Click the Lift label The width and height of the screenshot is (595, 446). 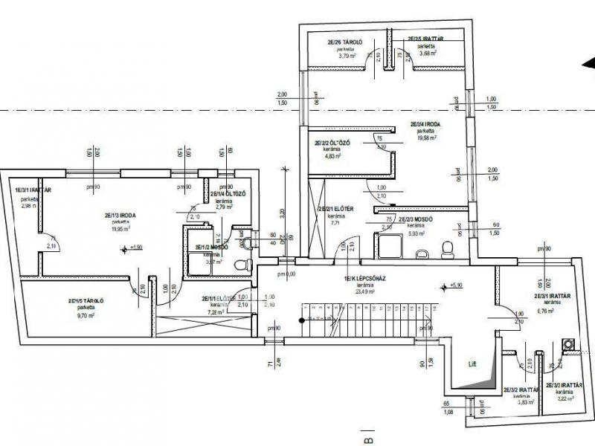coord(470,364)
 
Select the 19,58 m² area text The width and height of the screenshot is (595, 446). coord(426,138)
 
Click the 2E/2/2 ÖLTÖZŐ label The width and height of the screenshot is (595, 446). coord(332,143)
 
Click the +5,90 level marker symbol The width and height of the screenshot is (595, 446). coord(444,285)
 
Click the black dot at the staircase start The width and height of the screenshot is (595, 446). coord(301,320)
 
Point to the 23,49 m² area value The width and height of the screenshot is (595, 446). coord(364,291)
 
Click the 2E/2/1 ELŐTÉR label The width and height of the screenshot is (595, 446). coord(335,210)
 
